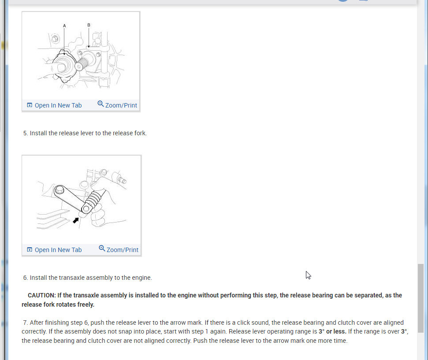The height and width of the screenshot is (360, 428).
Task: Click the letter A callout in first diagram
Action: [64, 26]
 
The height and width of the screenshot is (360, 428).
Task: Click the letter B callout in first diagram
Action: [89, 25]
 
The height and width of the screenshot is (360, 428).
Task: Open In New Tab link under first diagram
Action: [58, 105]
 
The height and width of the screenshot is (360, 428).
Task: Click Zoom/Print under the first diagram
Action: [121, 105]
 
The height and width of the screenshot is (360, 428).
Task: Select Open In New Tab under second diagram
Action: [58, 250]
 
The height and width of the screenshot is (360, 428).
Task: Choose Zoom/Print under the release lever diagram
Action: [122, 250]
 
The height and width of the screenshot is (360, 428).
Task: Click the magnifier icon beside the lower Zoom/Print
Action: [102, 249]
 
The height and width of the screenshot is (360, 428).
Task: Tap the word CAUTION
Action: [41, 295]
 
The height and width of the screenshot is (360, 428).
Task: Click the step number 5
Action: [25, 133]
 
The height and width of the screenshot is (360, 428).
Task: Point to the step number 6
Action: [25, 278]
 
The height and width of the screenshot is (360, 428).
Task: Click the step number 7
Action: [25, 323]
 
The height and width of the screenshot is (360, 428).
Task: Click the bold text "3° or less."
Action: [332, 331]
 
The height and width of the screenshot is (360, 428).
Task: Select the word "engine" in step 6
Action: [141, 278]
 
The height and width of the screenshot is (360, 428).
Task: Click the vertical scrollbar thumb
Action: [421, 298]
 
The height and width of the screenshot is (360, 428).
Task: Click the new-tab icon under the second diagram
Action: [30, 250]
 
